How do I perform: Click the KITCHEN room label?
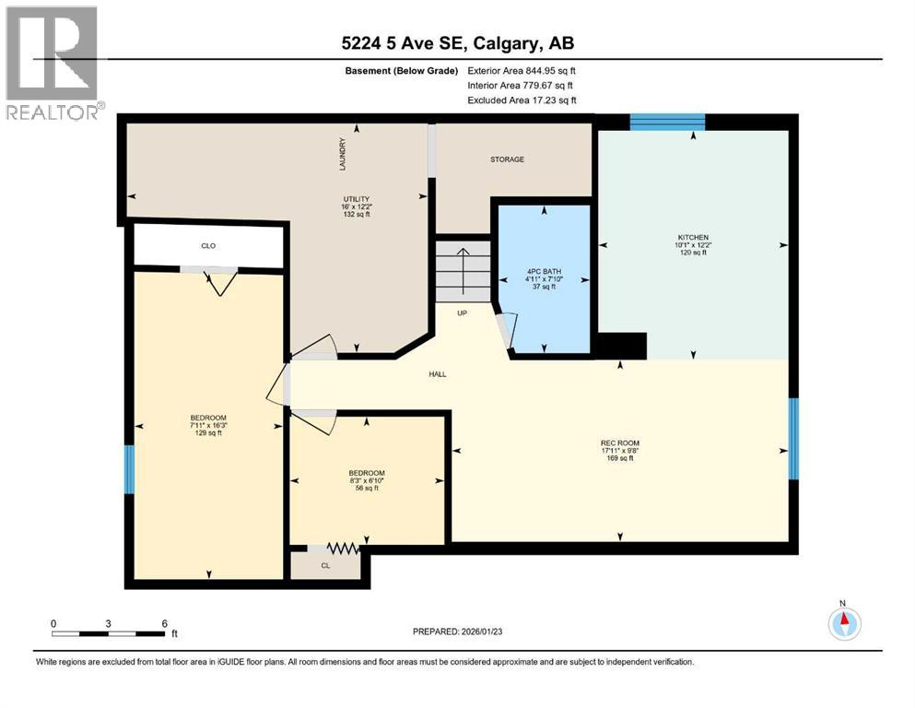pos(692,237)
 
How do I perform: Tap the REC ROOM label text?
pos(619,443)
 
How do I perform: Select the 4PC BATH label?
pos(544,271)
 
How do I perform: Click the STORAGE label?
pos(507,159)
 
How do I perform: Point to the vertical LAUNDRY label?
pos(342,154)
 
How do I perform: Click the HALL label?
pos(437,374)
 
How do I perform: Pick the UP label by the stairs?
pos(463,313)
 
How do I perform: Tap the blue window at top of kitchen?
pos(667,120)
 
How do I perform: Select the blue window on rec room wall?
pos(792,438)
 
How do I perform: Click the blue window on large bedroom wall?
pos(130,469)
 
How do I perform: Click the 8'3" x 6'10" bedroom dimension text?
pos(367,480)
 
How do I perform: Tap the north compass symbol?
pos(843,623)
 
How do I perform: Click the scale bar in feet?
pos(109,633)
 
